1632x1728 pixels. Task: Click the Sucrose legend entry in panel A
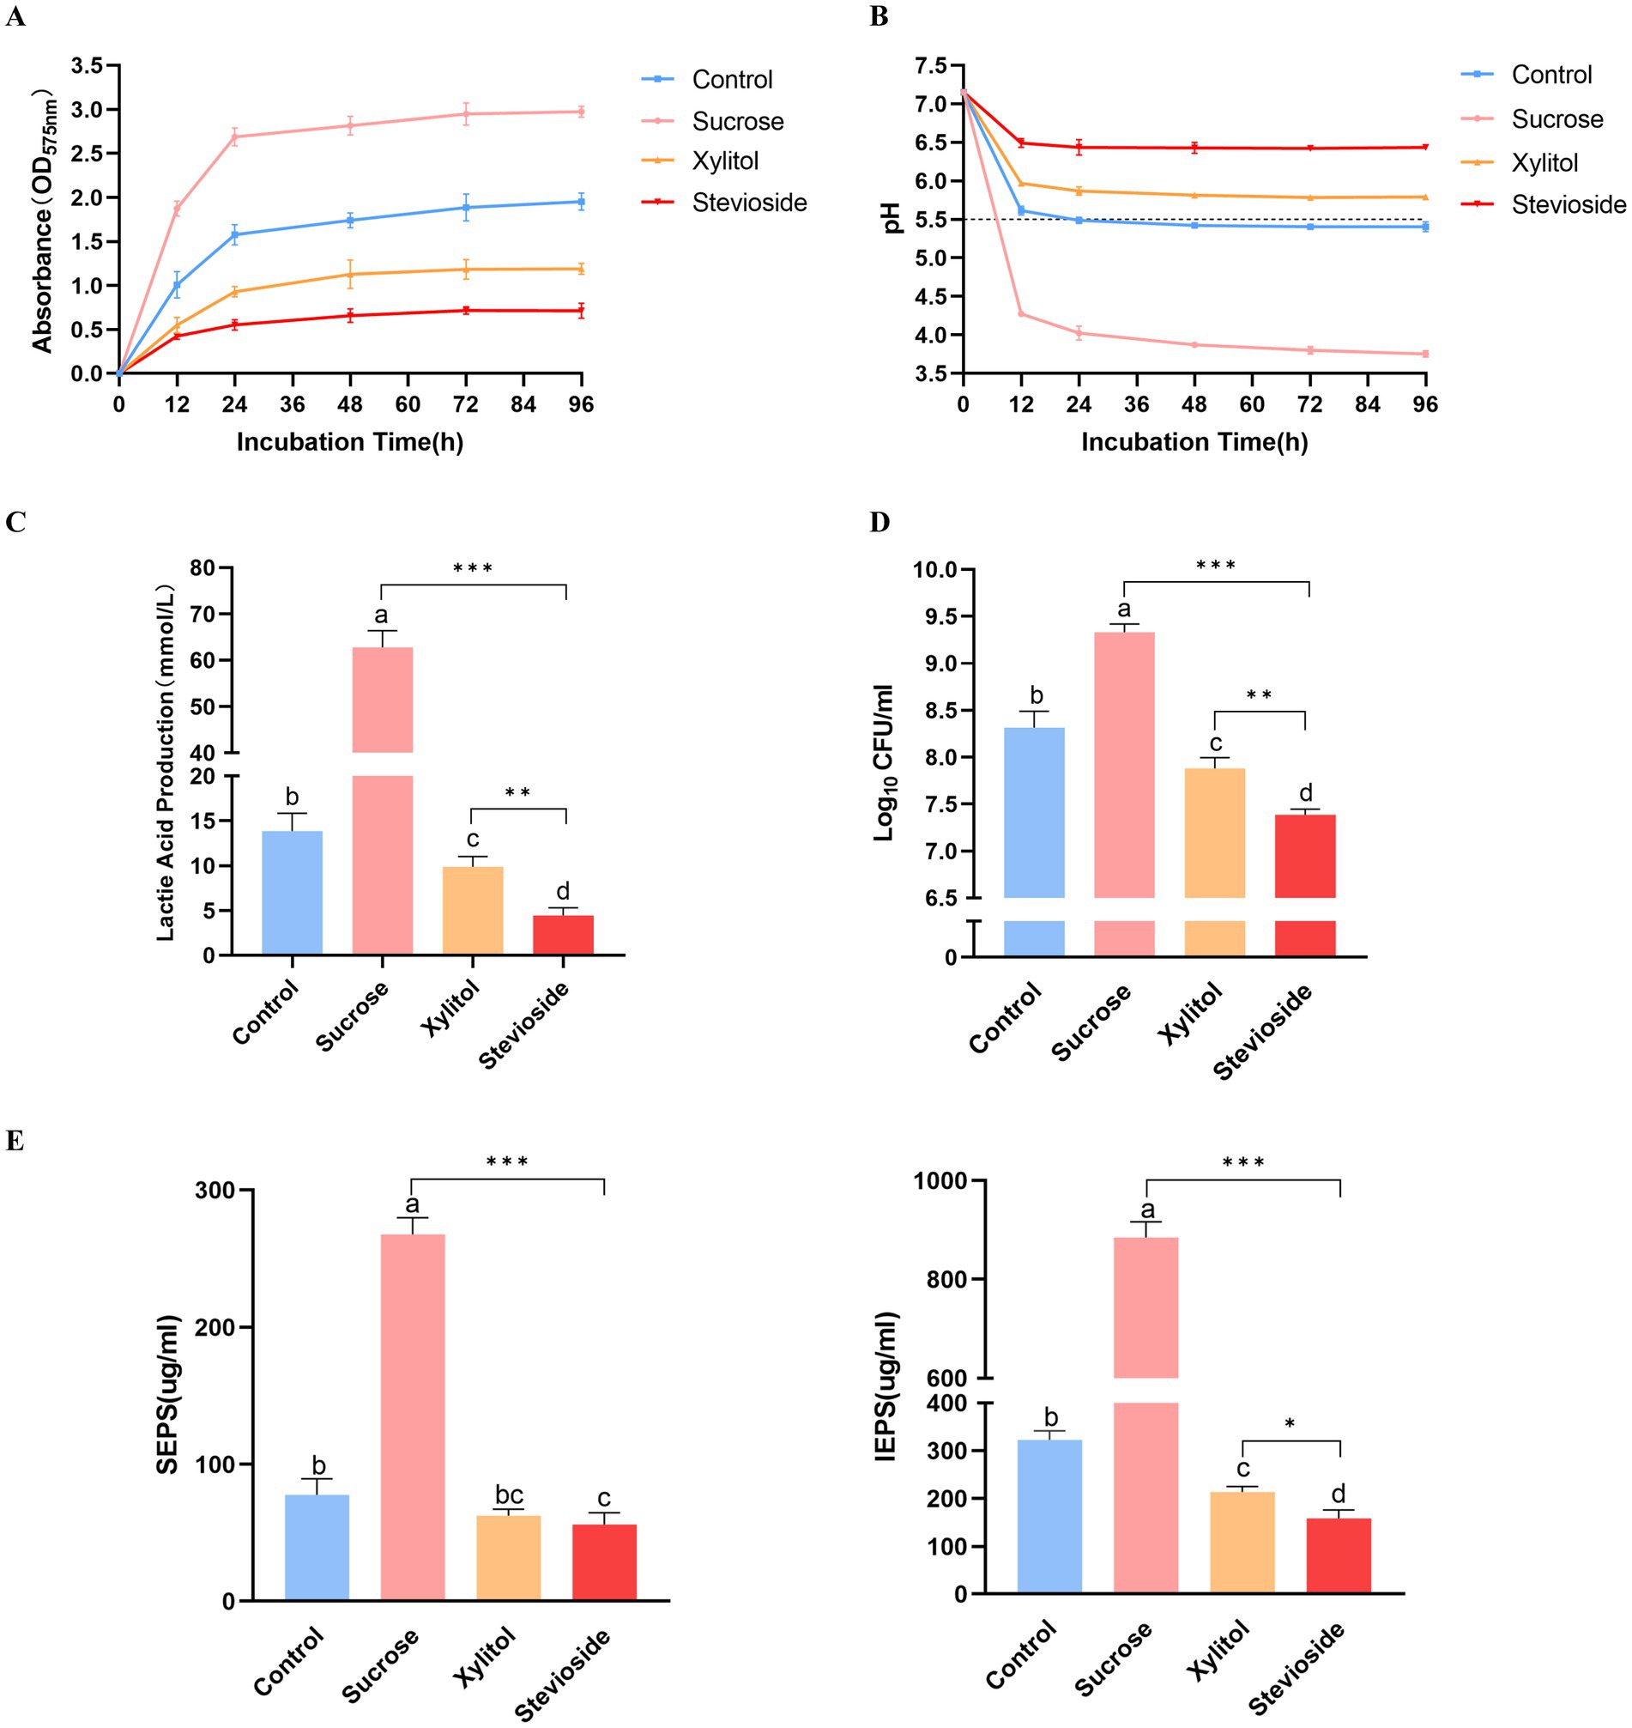(737, 121)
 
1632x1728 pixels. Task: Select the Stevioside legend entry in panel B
(1568, 204)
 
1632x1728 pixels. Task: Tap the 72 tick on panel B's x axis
(1309, 403)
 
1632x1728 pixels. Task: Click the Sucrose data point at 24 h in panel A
(234, 136)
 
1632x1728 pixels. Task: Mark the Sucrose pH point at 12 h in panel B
(1021, 314)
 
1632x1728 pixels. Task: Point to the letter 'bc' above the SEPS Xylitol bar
(509, 1495)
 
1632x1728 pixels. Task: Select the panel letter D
(879, 521)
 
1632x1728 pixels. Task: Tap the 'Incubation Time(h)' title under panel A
(350, 442)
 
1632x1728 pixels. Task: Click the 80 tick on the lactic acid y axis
(202, 568)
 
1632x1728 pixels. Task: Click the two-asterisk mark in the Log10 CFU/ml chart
(1259, 695)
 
